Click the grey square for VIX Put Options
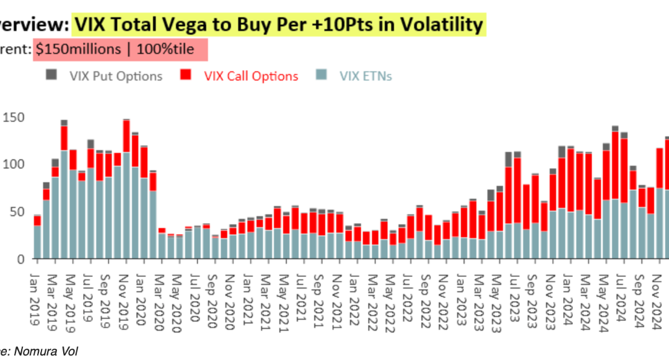[x=51, y=76]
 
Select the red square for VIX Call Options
[x=185, y=76]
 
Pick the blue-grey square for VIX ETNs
[x=320, y=76]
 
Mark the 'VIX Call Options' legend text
[x=251, y=76]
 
